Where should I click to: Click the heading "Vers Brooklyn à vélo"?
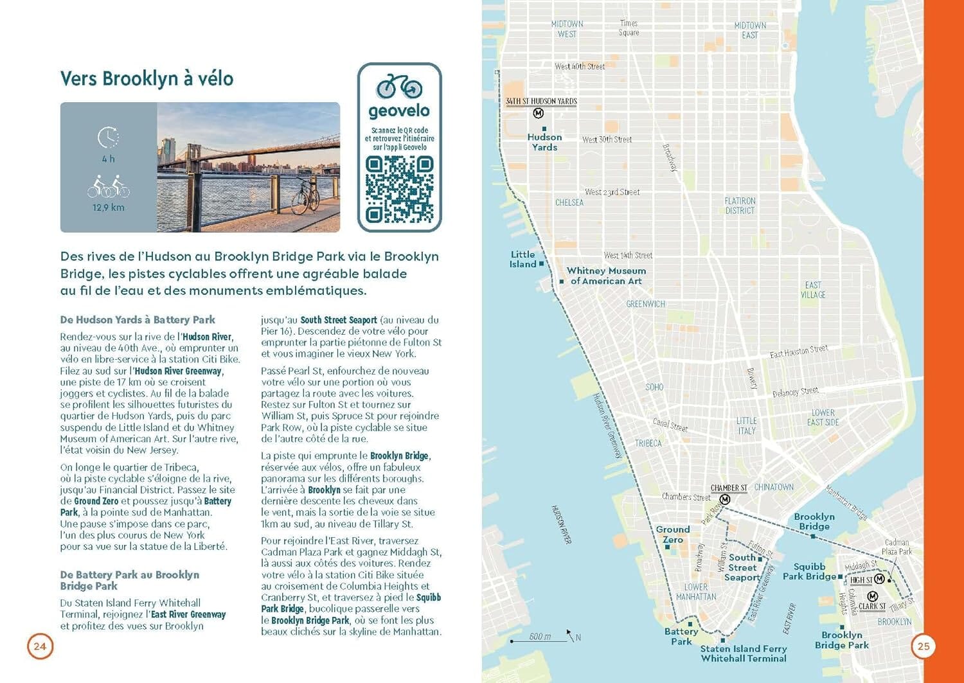click(x=147, y=79)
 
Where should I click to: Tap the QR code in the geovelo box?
click(x=399, y=189)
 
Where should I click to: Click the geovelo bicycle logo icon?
click(x=399, y=87)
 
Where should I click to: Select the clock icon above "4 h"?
click(x=108, y=137)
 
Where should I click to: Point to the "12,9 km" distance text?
click(x=108, y=208)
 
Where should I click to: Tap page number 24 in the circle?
click(x=40, y=646)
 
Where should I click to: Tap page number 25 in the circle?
click(x=923, y=646)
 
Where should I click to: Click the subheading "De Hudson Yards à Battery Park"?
click(x=138, y=320)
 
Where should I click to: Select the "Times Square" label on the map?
click(x=629, y=28)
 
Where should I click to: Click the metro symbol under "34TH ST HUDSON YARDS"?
click(x=539, y=113)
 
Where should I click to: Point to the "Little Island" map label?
click(x=523, y=260)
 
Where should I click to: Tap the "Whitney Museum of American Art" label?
click(x=606, y=276)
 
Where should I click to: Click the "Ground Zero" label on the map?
click(x=673, y=535)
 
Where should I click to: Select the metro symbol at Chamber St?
click(x=725, y=499)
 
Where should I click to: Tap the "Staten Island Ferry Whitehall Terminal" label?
click(x=744, y=653)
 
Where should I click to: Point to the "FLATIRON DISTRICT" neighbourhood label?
click(x=740, y=206)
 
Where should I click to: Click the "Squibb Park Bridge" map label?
click(x=809, y=571)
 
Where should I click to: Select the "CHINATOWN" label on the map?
click(x=774, y=487)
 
